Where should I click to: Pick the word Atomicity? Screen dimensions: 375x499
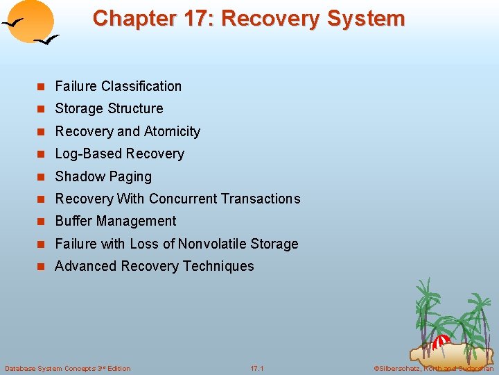pyautogui.click(x=172, y=131)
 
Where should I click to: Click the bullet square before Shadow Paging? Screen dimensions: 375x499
pyautogui.click(x=41, y=177)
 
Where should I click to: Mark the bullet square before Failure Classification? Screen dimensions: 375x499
pyautogui.click(x=41, y=87)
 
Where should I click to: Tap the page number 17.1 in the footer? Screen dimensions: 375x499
pyautogui.click(x=257, y=368)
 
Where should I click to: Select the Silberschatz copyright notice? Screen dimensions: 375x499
pyautogui.click(x=433, y=368)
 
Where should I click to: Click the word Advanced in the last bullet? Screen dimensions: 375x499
pyautogui.click(x=86, y=266)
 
